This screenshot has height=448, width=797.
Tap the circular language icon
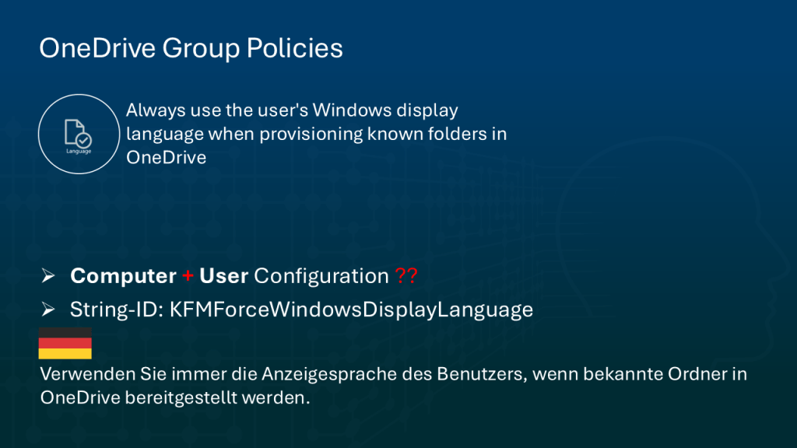click(x=78, y=135)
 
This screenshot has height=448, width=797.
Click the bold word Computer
click(x=123, y=276)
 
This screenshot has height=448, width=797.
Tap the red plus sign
click(x=188, y=276)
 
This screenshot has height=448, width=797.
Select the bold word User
click(x=223, y=276)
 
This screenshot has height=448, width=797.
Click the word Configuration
click(x=321, y=276)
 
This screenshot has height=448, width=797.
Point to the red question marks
click(x=406, y=276)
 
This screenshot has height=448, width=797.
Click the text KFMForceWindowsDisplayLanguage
click(x=351, y=310)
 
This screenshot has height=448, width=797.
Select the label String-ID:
click(x=116, y=310)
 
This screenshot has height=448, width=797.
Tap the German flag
click(x=65, y=343)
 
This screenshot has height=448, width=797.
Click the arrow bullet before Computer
click(x=48, y=276)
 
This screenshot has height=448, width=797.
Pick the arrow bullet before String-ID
click(x=48, y=310)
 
